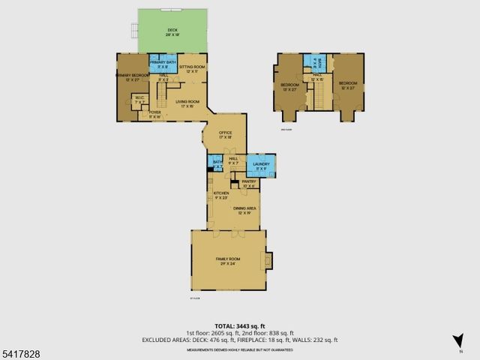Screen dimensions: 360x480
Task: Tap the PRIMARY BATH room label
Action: pyautogui.click(x=162, y=64)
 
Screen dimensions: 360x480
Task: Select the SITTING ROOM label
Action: pyautogui.click(x=192, y=68)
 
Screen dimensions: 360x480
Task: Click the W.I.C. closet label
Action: pyautogui.click(x=139, y=98)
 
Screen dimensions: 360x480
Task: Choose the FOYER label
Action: pyautogui.click(x=155, y=115)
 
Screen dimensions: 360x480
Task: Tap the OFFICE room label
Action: pyautogui.click(x=226, y=135)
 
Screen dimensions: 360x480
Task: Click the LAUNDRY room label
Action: pyautogui.click(x=261, y=165)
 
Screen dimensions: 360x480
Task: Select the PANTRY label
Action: pyautogui.click(x=249, y=184)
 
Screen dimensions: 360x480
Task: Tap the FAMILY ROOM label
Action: pyautogui.click(x=228, y=259)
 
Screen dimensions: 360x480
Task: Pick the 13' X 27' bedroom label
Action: pyautogui.click(x=289, y=86)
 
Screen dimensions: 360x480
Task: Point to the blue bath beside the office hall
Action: pyautogui.click(x=217, y=163)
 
